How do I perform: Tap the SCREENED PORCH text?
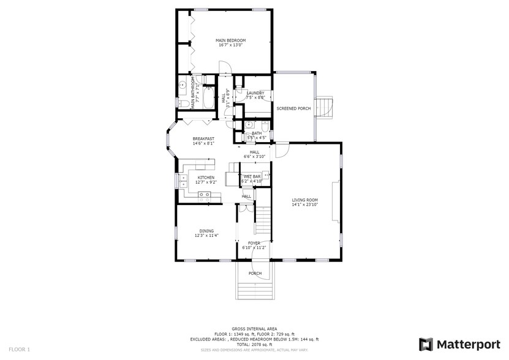(x=293, y=108)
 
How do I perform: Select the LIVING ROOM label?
(x=304, y=200)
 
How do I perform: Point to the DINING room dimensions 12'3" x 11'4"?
(x=206, y=235)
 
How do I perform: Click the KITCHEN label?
(x=206, y=178)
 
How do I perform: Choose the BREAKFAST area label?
(x=203, y=138)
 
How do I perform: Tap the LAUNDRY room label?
(x=255, y=93)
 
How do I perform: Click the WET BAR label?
(x=252, y=176)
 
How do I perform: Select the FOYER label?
(x=254, y=243)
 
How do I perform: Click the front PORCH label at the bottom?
(x=255, y=273)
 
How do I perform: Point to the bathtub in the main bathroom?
(x=208, y=98)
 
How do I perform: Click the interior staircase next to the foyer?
(x=263, y=222)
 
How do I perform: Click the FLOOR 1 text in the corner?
(x=18, y=349)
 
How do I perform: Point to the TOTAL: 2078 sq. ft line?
(x=255, y=344)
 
